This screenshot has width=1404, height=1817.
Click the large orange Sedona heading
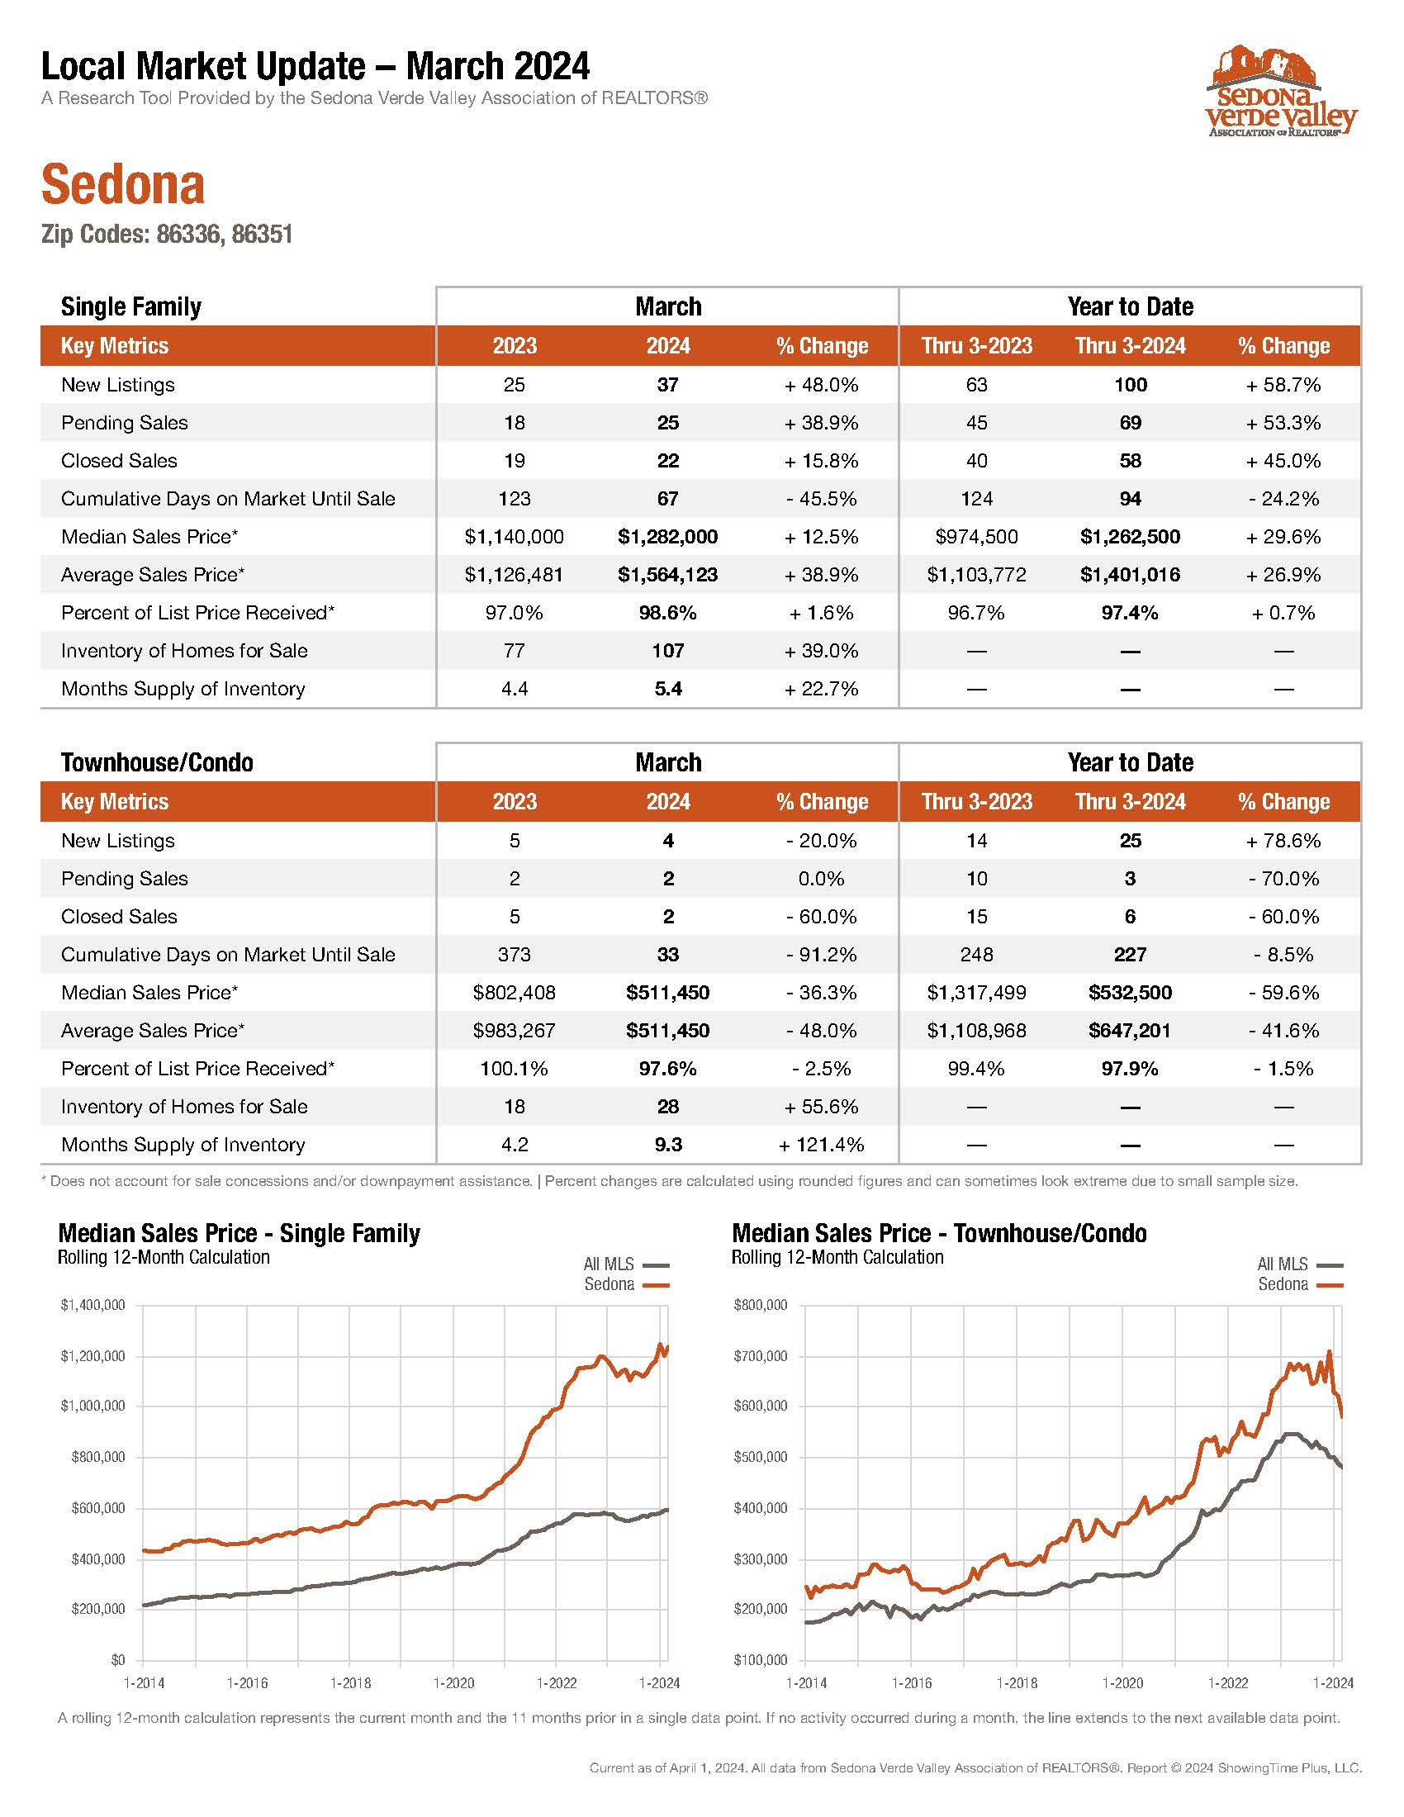(x=122, y=184)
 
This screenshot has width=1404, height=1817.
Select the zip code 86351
(x=262, y=235)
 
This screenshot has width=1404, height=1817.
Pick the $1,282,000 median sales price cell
(x=668, y=537)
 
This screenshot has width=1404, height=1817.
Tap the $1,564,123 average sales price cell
(x=668, y=575)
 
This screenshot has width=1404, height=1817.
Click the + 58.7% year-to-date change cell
(x=1283, y=384)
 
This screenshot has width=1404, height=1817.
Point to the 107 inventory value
(x=668, y=651)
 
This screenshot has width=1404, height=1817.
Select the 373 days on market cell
(x=514, y=954)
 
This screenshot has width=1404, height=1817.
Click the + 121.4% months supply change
(x=822, y=1145)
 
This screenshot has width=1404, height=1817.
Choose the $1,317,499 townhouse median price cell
(x=976, y=993)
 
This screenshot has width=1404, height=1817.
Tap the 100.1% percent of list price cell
(x=514, y=1068)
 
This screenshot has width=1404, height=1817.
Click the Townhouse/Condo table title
(x=157, y=762)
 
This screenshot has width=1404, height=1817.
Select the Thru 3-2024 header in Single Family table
(x=1131, y=345)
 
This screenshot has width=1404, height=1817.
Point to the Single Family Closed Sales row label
(x=119, y=461)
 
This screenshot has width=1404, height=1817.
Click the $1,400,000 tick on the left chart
(x=92, y=1305)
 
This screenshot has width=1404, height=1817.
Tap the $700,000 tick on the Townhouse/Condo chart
(x=760, y=1356)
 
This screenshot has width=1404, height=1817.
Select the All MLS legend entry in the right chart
(x=1299, y=1264)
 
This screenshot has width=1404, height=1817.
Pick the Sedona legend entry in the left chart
(x=626, y=1284)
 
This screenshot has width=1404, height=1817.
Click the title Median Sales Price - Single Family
(x=239, y=1233)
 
